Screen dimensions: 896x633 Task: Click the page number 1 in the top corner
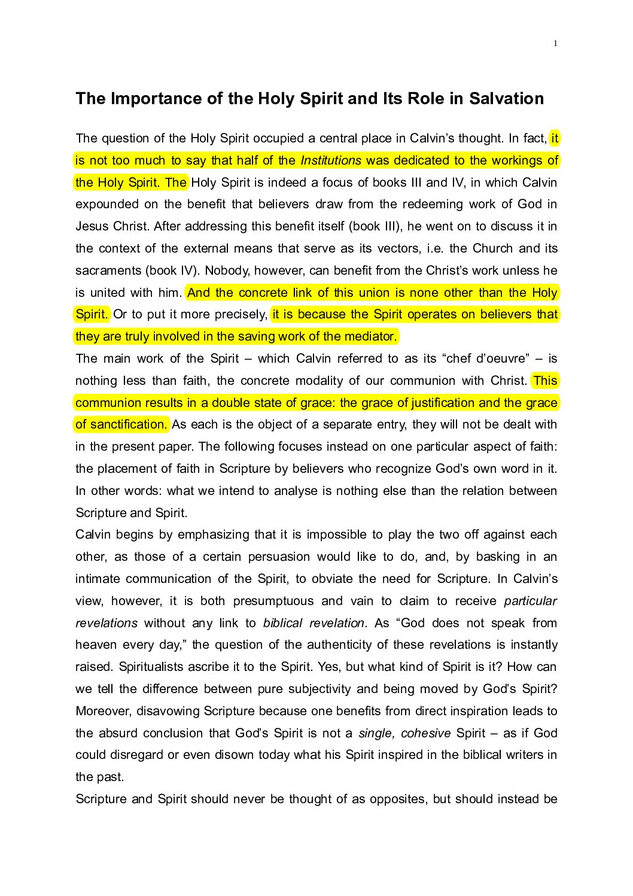pos(555,43)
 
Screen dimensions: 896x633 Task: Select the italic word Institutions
pos(331,160)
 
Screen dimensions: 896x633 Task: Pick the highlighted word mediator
pos(371,336)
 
